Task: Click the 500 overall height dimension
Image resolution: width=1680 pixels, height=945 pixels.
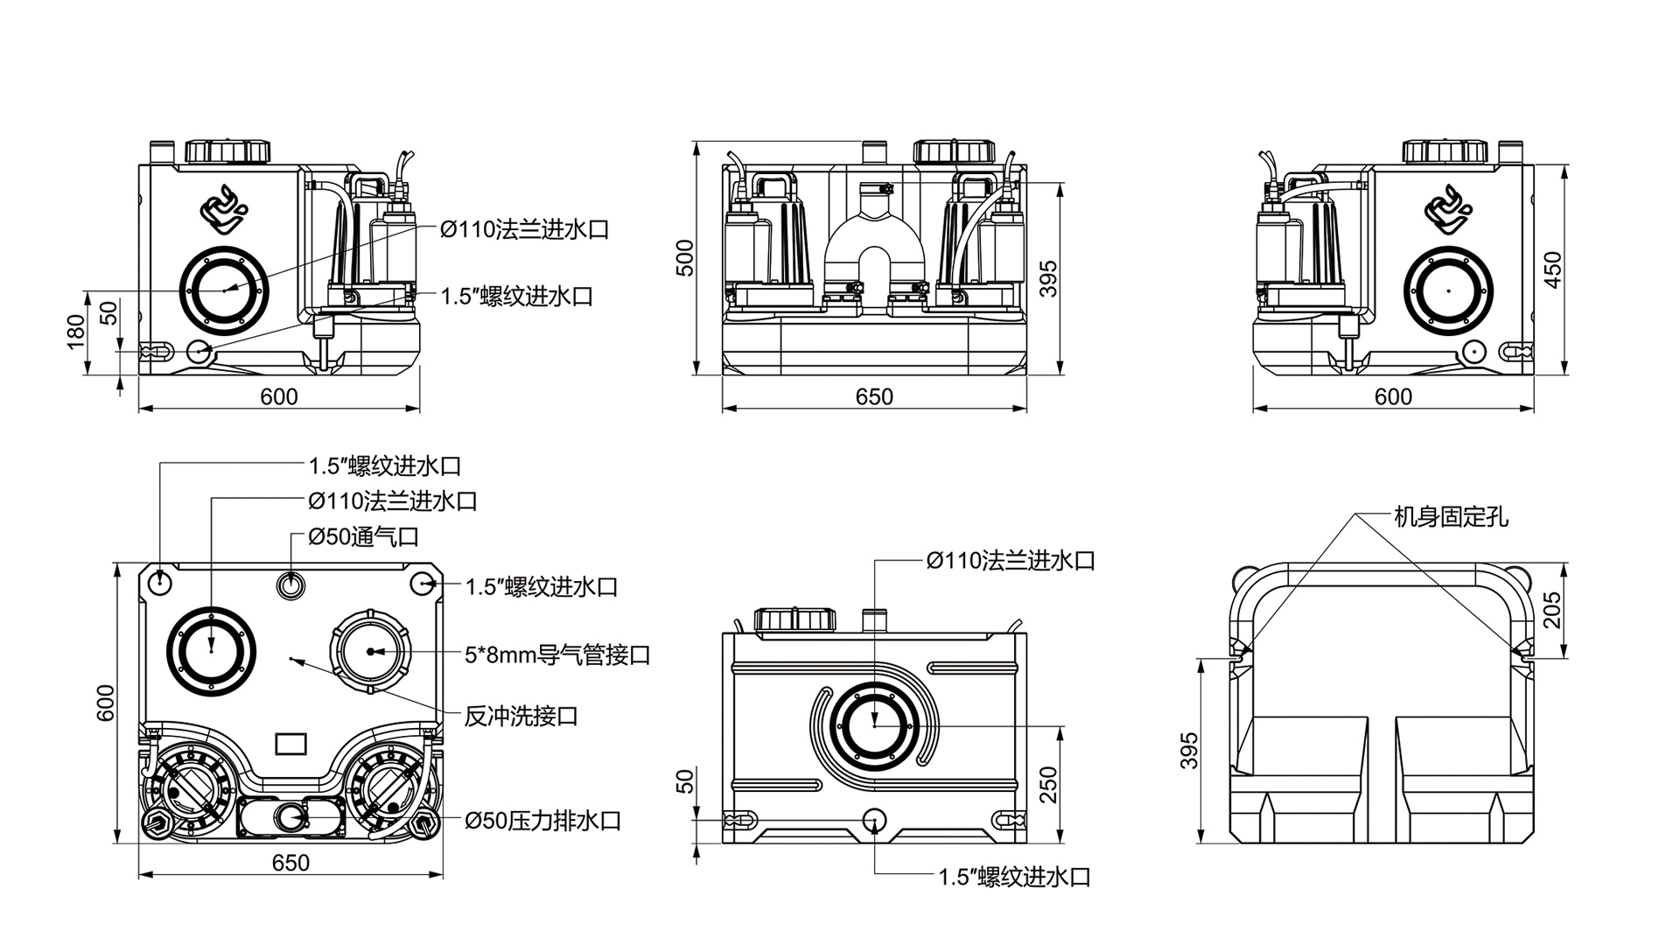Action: point(686,258)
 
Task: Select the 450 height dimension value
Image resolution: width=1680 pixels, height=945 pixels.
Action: point(1552,269)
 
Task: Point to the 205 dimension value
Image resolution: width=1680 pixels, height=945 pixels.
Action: point(1552,610)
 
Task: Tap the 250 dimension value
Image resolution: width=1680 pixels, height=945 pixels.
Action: point(1049,785)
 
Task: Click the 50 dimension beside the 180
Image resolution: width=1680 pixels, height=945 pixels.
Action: point(108,313)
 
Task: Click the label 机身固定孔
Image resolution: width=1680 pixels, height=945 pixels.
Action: point(1451,517)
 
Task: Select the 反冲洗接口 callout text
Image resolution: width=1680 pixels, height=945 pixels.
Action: point(521,717)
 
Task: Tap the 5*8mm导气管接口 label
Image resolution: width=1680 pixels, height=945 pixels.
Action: point(557,654)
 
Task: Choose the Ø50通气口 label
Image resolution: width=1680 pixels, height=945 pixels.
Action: point(364,536)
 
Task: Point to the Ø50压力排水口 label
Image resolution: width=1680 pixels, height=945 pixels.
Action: point(543,821)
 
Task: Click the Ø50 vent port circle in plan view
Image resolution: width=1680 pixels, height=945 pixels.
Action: point(290,584)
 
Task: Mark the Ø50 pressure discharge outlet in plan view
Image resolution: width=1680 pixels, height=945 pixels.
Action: point(289,817)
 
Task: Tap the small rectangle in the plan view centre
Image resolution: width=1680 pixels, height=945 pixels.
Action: point(290,744)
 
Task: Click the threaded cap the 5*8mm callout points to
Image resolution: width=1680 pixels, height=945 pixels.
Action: point(370,651)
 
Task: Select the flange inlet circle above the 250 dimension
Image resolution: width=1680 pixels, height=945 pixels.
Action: point(874,724)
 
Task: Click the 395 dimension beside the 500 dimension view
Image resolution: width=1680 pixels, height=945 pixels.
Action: point(1048,278)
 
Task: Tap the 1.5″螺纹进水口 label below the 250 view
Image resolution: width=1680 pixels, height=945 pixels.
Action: point(1014,877)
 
